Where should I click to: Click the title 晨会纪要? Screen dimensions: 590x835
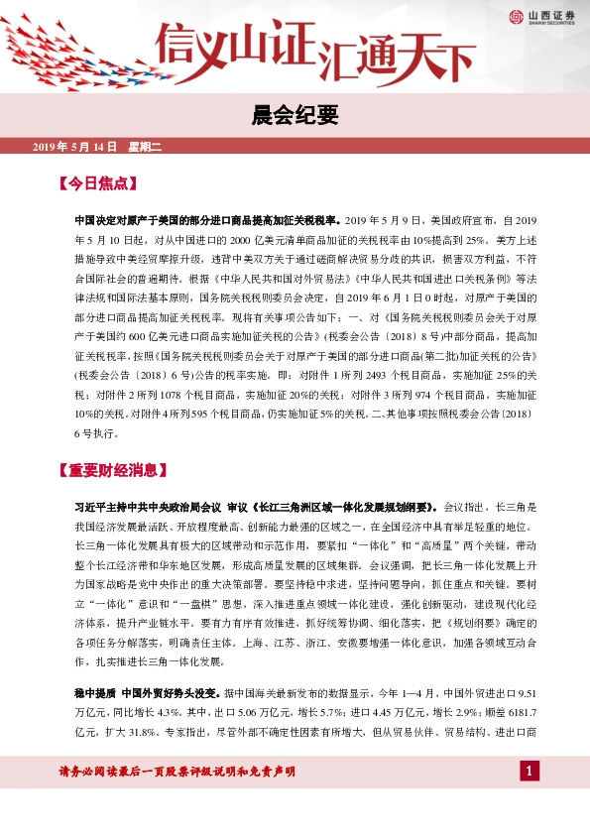(x=295, y=116)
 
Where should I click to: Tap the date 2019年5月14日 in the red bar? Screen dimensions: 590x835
(x=75, y=147)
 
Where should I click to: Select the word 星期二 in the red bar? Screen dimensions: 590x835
(x=144, y=147)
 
